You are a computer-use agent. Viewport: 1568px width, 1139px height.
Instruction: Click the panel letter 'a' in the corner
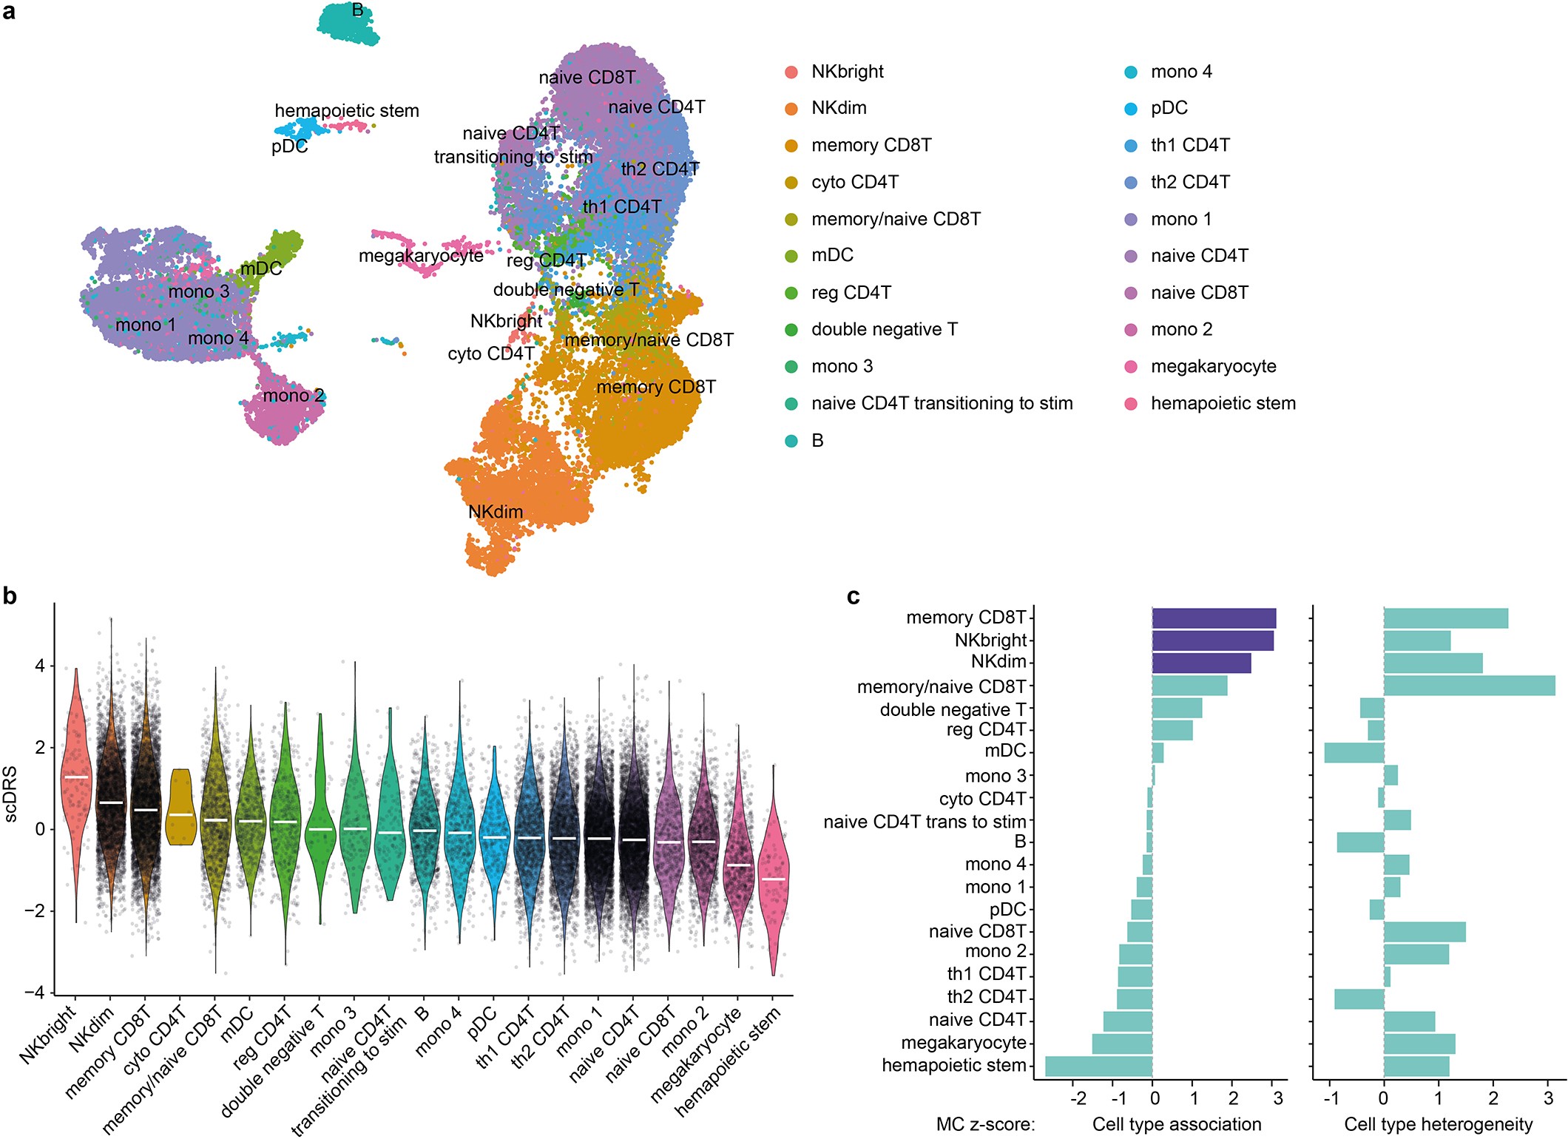(9, 11)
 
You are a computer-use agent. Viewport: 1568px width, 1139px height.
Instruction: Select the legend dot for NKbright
(791, 72)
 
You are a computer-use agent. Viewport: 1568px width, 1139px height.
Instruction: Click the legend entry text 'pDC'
(1169, 108)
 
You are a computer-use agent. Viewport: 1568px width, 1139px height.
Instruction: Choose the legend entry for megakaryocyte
(1213, 366)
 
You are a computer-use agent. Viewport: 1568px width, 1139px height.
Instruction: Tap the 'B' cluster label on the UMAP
(357, 10)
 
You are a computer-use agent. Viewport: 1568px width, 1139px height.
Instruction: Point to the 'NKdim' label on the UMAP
(496, 512)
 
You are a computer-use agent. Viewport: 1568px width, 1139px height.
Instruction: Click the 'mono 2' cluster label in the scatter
(294, 396)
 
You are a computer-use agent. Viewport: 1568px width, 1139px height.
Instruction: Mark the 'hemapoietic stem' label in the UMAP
(347, 111)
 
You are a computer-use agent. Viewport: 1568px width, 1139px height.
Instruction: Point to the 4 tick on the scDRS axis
(40, 666)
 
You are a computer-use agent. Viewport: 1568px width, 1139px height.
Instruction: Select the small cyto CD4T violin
(180, 806)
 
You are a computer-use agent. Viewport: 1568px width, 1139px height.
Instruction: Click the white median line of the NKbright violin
(76, 777)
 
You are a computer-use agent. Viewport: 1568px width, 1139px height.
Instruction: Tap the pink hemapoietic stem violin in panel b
(774, 880)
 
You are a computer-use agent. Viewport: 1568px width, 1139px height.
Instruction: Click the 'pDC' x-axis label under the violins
(482, 1024)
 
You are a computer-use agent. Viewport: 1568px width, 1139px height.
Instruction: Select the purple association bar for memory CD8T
(1213, 618)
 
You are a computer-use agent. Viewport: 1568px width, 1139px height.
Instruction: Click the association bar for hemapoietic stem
(1098, 1066)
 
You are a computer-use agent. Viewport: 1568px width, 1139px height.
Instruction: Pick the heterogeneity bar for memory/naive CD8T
(1468, 686)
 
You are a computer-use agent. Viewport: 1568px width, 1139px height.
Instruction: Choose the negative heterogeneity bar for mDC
(1354, 753)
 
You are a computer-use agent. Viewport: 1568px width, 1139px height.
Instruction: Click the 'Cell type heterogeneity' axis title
(1438, 1124)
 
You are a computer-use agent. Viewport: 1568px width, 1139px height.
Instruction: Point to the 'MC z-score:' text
(985, 1124)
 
